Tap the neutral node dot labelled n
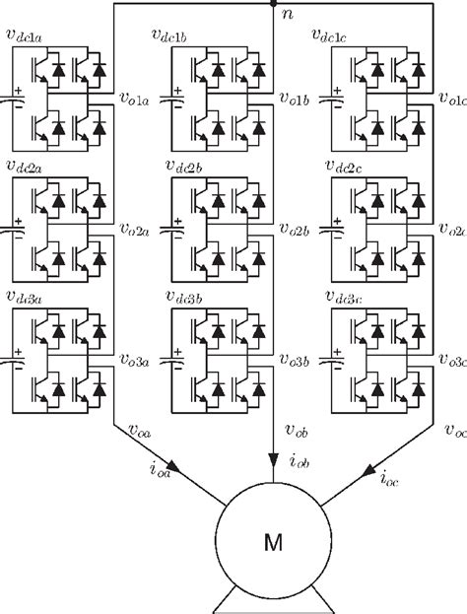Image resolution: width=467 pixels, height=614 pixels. (273, 4)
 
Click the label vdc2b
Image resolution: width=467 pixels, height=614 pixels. (186, 171)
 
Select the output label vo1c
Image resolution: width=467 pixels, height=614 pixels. (453, 100)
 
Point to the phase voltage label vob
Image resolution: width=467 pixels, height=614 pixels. (297, 431)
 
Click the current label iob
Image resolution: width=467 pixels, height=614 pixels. (295, 460)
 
